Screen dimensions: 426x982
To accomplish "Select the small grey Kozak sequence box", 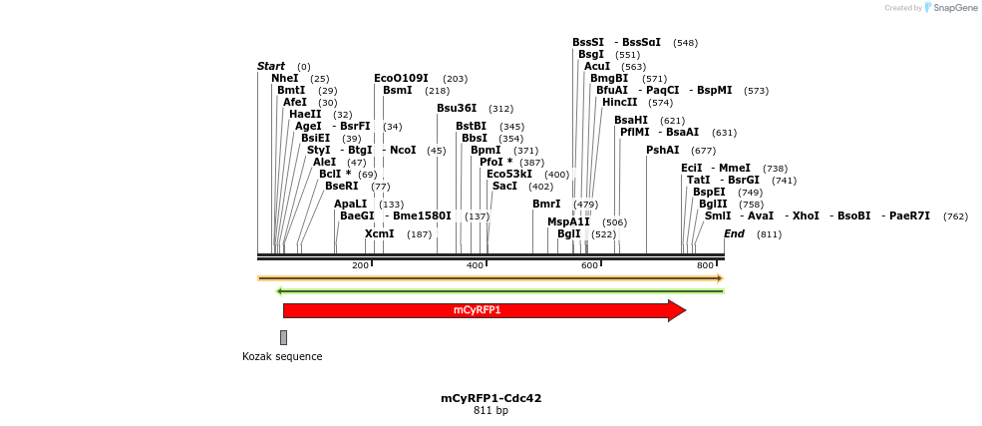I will [x=283, y=337].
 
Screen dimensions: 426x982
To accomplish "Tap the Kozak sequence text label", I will [x=282, y=356].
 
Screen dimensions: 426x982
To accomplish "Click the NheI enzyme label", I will [x=284, y=78].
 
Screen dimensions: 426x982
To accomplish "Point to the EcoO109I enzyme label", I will [x=401, y=78].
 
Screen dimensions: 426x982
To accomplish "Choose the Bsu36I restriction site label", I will [x=457, y=108].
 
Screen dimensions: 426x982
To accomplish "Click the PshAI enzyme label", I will [x=663, y=150].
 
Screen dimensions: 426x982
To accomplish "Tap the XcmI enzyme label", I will [x=379, y=233].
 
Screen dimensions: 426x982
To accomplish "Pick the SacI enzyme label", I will [x=504, y=186].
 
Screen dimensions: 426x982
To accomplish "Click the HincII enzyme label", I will [x=619, y=102].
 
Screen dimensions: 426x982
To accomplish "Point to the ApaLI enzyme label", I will [x=351, y=204].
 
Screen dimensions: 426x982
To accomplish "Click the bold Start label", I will [x=271, y=66].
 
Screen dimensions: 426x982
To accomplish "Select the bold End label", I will [x=734, y=233].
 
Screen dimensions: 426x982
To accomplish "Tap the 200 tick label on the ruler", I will [x=361, y=264].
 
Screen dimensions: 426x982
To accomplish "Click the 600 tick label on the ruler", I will [x=590, y=264].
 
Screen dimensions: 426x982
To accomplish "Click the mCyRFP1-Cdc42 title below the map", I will [x=491, y=398].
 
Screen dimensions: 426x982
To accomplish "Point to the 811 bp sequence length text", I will [x=491, y=410].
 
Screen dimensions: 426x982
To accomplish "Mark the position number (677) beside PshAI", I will [x=703, y=151].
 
